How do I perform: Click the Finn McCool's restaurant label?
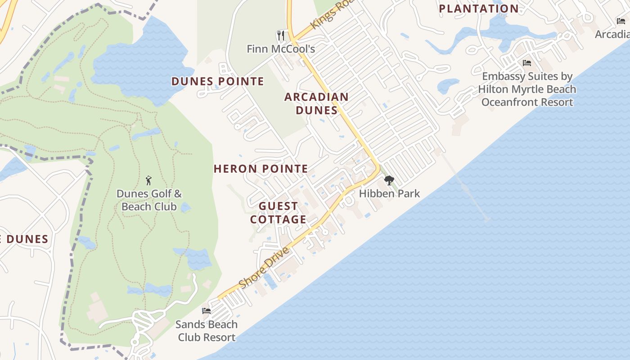coord(280,49)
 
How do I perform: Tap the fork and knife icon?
coord(281,35)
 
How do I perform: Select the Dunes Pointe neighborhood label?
coord(217,81)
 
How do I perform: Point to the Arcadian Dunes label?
coord(316,103)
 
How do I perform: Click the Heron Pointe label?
coord(261,169)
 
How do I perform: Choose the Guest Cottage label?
coord(278,213)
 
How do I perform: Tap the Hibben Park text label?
coord(389,193)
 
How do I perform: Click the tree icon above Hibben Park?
coord(389,180)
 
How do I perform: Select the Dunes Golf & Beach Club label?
coord(149,200)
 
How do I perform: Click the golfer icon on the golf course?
coord(148,180)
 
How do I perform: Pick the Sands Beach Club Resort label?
coord(207,331)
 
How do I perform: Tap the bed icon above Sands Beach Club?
coord(207,310)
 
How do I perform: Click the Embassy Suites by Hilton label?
coord(527,89)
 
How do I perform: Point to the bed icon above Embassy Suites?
coord(527,63)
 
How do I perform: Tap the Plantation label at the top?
coord(478,9)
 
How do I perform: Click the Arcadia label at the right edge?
coord(612,34)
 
